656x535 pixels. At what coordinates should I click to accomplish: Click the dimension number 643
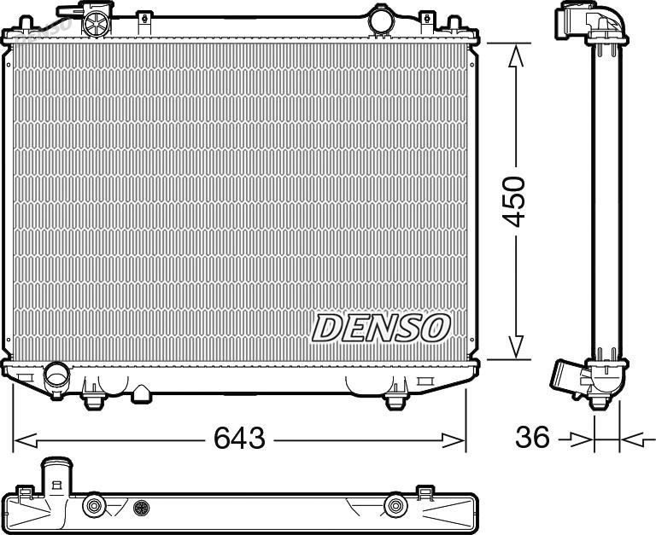239,438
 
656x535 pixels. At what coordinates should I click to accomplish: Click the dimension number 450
512,201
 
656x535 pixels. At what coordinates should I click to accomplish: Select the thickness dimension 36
532,438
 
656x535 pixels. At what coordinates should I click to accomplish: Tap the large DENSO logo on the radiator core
381,328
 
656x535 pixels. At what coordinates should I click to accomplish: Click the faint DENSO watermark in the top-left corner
43,30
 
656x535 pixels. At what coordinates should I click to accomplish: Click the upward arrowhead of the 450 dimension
515,55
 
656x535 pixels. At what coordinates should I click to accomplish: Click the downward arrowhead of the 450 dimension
515,347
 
